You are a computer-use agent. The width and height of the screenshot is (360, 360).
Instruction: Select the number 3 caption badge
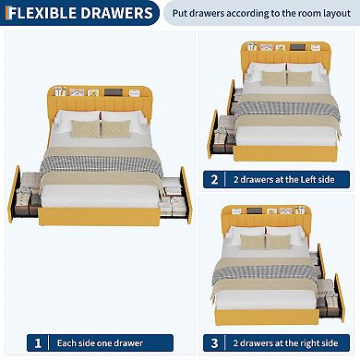(215, 342)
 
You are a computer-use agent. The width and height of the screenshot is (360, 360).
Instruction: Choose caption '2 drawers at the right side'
(287, 342)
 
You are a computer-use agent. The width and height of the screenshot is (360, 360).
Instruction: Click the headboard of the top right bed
(278, 55)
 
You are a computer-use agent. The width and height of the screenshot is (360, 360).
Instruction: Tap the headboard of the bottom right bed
(278, 219)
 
